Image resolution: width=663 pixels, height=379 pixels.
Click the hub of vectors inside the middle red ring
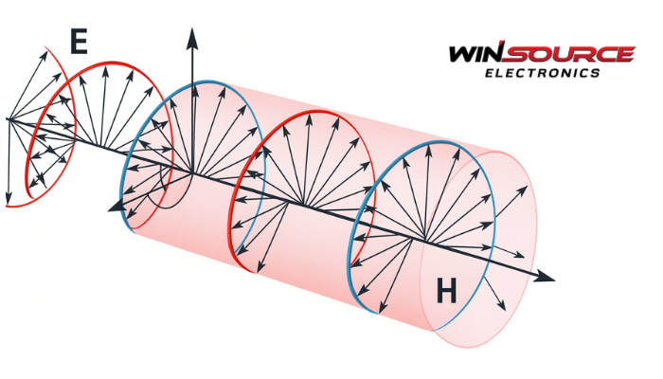point(301,203)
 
